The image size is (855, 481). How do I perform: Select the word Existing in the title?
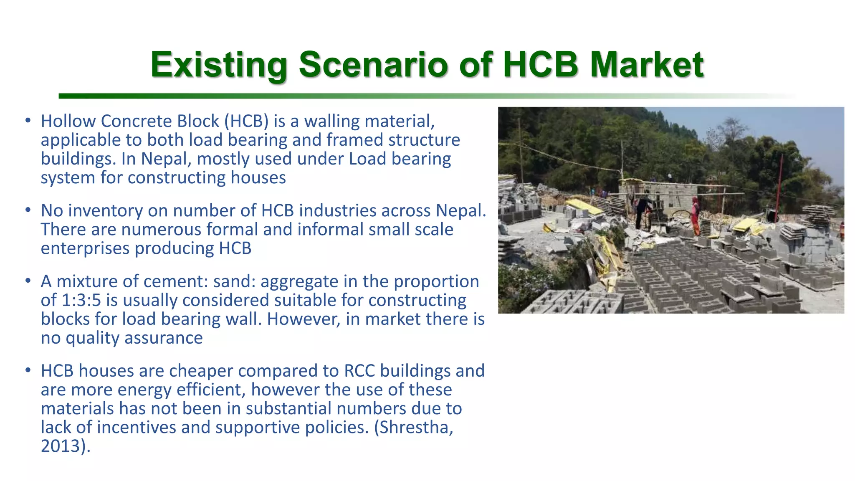click(x=219, y=65)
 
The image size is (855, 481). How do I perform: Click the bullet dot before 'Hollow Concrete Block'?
click(x=28, y=121)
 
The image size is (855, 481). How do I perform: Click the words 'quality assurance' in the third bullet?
click(x=134, y=338)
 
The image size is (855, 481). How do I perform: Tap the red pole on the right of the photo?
click(x=779, y=184)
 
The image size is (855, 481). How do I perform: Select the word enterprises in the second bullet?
click(x=85, y=248)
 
